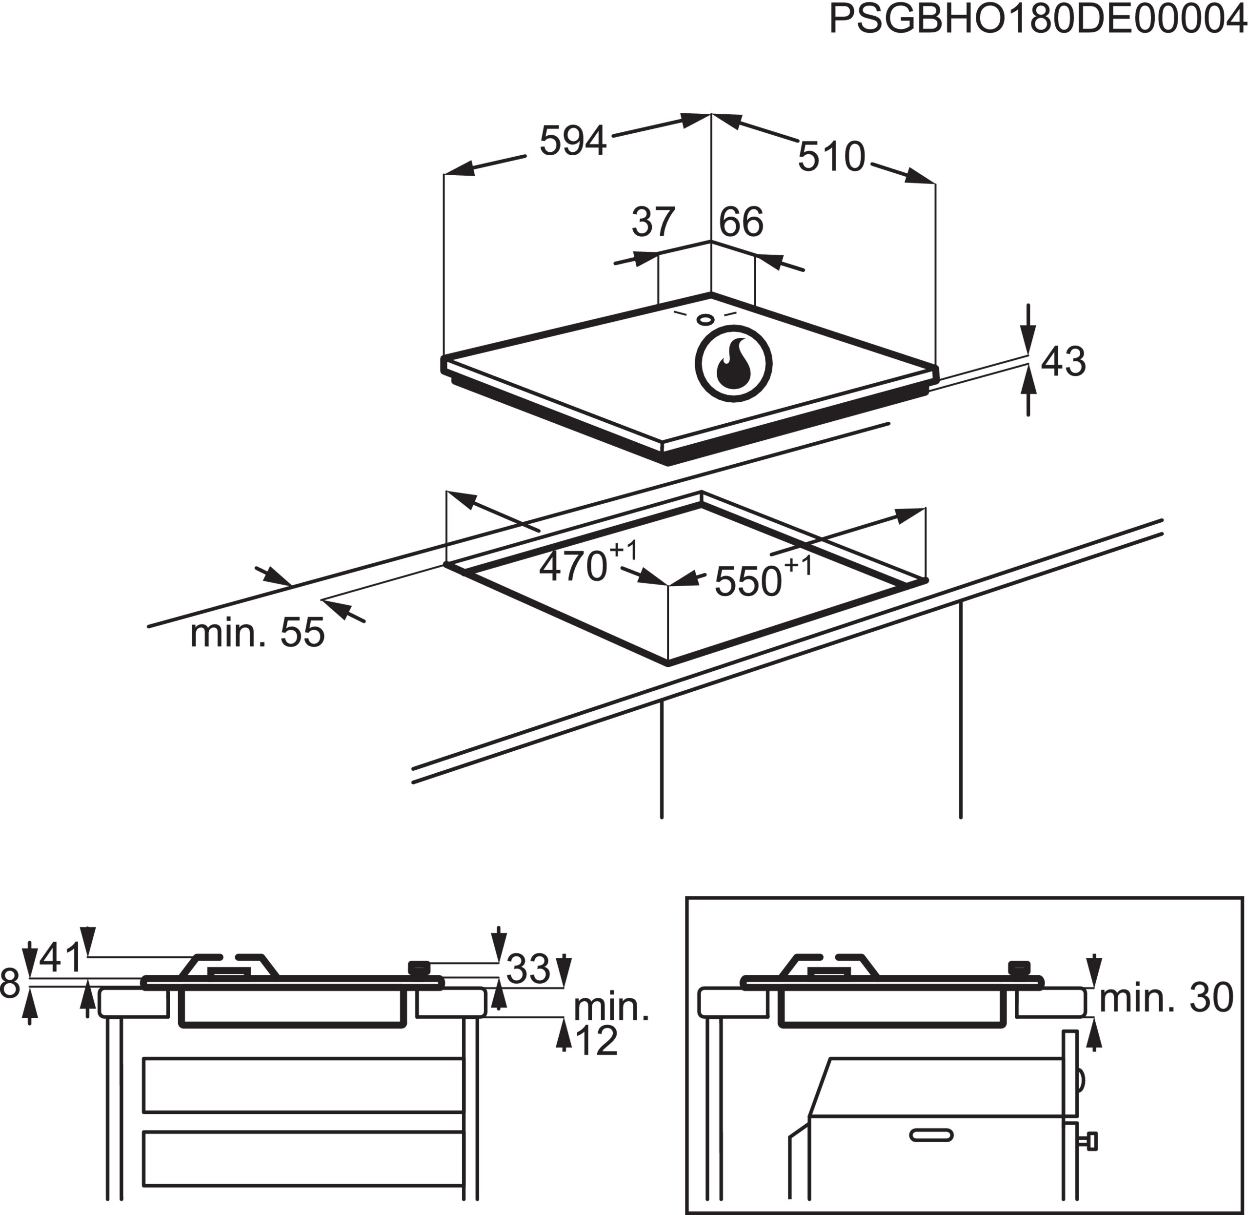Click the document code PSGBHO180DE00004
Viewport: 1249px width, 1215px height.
[1038, 20]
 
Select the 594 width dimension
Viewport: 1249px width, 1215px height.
[572, 141]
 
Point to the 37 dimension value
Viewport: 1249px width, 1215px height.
[653, 222]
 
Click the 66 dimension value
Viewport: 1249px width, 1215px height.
[741, 222]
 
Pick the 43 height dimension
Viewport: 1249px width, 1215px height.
[1063, 361]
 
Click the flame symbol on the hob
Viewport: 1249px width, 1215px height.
[734, 364]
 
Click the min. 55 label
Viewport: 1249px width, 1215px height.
[257, 633]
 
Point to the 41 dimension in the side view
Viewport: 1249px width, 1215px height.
[61, 957]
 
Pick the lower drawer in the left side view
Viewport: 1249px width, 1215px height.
[303, 1159]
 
